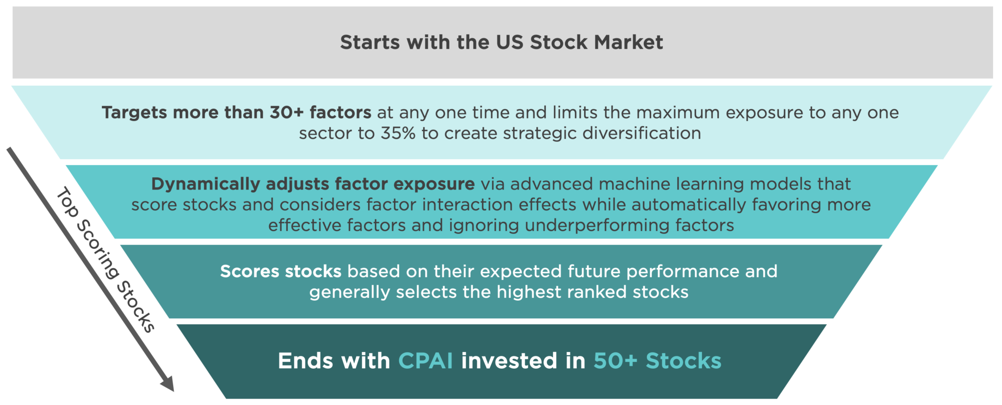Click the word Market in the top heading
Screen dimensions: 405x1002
click(629, 43)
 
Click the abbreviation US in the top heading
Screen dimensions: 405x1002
click(510, 43)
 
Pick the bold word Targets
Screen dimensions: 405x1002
click(135, 113)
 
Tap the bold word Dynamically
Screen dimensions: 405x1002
click(205, 184)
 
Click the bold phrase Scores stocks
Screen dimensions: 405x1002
click(280, 271)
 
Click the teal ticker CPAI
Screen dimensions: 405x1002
click(426, 361)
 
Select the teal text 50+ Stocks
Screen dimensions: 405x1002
click(657, 361)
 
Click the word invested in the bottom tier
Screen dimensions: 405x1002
click(509, 361)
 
